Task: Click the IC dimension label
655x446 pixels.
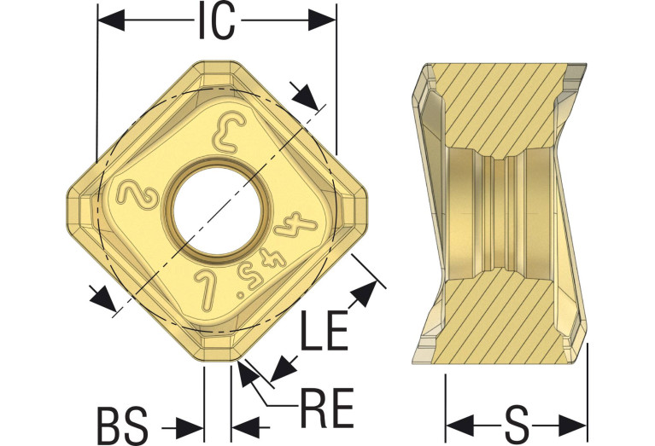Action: (x=216, y=20)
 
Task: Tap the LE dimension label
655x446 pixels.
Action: (x=325, y=330)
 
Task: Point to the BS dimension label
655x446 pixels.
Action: (x=123, y=427)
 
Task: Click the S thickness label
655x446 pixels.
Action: (x=517, y=426)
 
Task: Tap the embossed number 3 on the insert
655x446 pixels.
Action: (x=230, y=133)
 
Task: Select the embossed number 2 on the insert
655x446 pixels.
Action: (x=137, y=195)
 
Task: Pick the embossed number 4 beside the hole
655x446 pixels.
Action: (x=295, y=224)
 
